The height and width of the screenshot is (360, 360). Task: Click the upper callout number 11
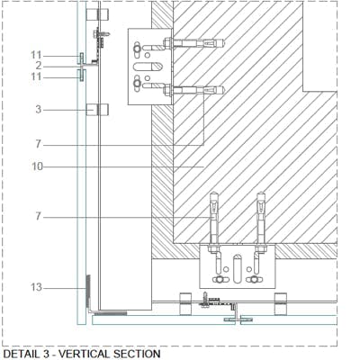36,55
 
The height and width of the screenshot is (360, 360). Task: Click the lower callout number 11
36,76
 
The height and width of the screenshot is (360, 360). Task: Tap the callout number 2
39,66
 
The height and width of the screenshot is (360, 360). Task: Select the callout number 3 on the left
39,110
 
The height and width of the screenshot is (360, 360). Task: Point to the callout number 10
37,166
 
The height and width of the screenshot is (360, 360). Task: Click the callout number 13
37,287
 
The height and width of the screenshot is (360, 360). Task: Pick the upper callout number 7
38,144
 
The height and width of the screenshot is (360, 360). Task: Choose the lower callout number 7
38,216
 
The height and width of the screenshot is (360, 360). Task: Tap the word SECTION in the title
136,354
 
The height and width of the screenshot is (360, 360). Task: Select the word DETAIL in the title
22,354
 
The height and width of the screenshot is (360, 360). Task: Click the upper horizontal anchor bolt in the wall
193,43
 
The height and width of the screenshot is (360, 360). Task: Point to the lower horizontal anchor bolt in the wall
193,90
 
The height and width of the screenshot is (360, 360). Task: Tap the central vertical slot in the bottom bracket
237,269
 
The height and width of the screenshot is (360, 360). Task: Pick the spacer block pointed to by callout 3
97,110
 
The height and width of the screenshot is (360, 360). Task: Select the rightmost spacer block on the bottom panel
281,303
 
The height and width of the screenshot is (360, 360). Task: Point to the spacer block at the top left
97,14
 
